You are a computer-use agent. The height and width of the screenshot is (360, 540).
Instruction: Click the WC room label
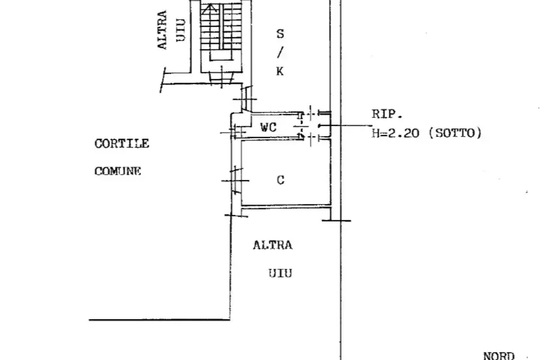click(x=268, y=127)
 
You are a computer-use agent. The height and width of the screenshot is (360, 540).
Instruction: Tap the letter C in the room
click(x=281, y=180)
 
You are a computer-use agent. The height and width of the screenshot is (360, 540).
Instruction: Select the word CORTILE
click(x=122, y=143)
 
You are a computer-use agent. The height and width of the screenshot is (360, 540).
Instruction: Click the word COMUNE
click(x=118, y=171)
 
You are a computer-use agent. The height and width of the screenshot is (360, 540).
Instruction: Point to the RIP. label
click(x=387, y=114)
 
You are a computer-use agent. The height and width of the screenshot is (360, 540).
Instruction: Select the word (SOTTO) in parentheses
click(x=455, y=133)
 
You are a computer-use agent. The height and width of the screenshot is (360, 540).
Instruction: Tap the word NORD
click(x=499, y=356)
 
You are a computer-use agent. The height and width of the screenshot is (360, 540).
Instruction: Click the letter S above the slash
click(x=280, y=34)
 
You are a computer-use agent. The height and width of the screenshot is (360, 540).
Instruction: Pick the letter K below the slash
click(x=280, y=71)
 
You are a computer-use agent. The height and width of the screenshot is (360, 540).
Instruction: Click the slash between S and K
click(x=280, y=53)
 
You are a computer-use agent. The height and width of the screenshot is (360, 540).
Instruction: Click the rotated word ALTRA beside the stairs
click(x=162, y=30)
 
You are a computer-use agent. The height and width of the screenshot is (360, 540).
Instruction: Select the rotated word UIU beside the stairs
click(x=181, y=31)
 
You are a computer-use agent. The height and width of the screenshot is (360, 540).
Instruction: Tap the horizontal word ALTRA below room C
click(x=273, y=245)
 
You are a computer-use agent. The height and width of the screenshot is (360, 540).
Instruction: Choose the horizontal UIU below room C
click(x=280, y=274)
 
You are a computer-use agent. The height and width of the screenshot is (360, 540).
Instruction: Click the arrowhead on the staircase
click(x=209, y=8)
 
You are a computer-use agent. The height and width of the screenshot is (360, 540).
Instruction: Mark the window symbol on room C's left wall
click(x=236, y=181)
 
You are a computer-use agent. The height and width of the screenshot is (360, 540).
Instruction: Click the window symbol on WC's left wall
click(x=233, y=131)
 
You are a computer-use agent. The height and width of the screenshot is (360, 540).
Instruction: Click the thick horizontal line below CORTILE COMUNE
click(x=160, y=320)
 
